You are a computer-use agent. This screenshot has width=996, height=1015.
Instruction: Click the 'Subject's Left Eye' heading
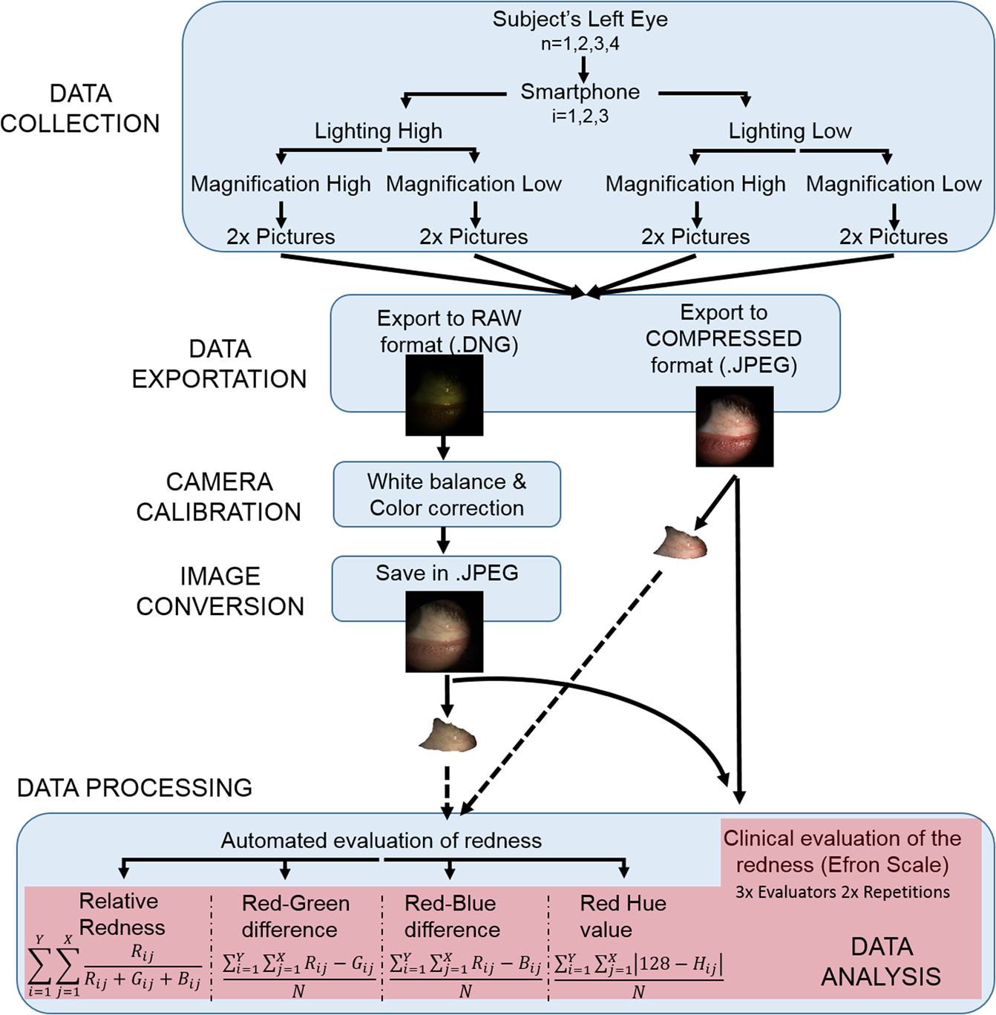(580, 19)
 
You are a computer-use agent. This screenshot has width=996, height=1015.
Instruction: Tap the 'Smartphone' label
(580, 92)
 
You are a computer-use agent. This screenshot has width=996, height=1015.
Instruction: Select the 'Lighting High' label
(378, 131)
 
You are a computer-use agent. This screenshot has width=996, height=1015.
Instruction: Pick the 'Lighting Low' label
(790, 131)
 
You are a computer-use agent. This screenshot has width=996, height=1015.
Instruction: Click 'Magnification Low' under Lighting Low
(893, 184)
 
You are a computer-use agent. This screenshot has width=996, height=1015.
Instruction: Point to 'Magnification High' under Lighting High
(281, 184)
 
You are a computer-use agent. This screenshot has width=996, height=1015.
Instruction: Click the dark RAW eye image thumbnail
(444, 395)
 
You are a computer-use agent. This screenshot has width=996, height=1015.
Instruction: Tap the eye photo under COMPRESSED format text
(734, 427)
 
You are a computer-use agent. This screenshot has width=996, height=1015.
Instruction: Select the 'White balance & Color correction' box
(446, 495)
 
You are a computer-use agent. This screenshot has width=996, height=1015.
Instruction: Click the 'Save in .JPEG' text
(446, 573)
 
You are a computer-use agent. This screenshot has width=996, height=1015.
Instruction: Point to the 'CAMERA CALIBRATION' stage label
(218, 496)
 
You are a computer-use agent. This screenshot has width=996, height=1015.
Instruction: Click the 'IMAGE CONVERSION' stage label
(220, 591)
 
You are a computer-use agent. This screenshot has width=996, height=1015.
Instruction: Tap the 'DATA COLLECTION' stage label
(80, 108)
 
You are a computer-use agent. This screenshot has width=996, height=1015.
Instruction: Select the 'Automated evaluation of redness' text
(381, 841)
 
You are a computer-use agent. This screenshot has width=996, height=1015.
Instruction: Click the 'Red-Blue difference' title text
(451, 916)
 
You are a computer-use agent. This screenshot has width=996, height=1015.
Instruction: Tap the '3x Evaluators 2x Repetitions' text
(842, 893)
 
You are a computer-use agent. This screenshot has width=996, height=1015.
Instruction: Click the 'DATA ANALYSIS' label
(881, 962)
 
